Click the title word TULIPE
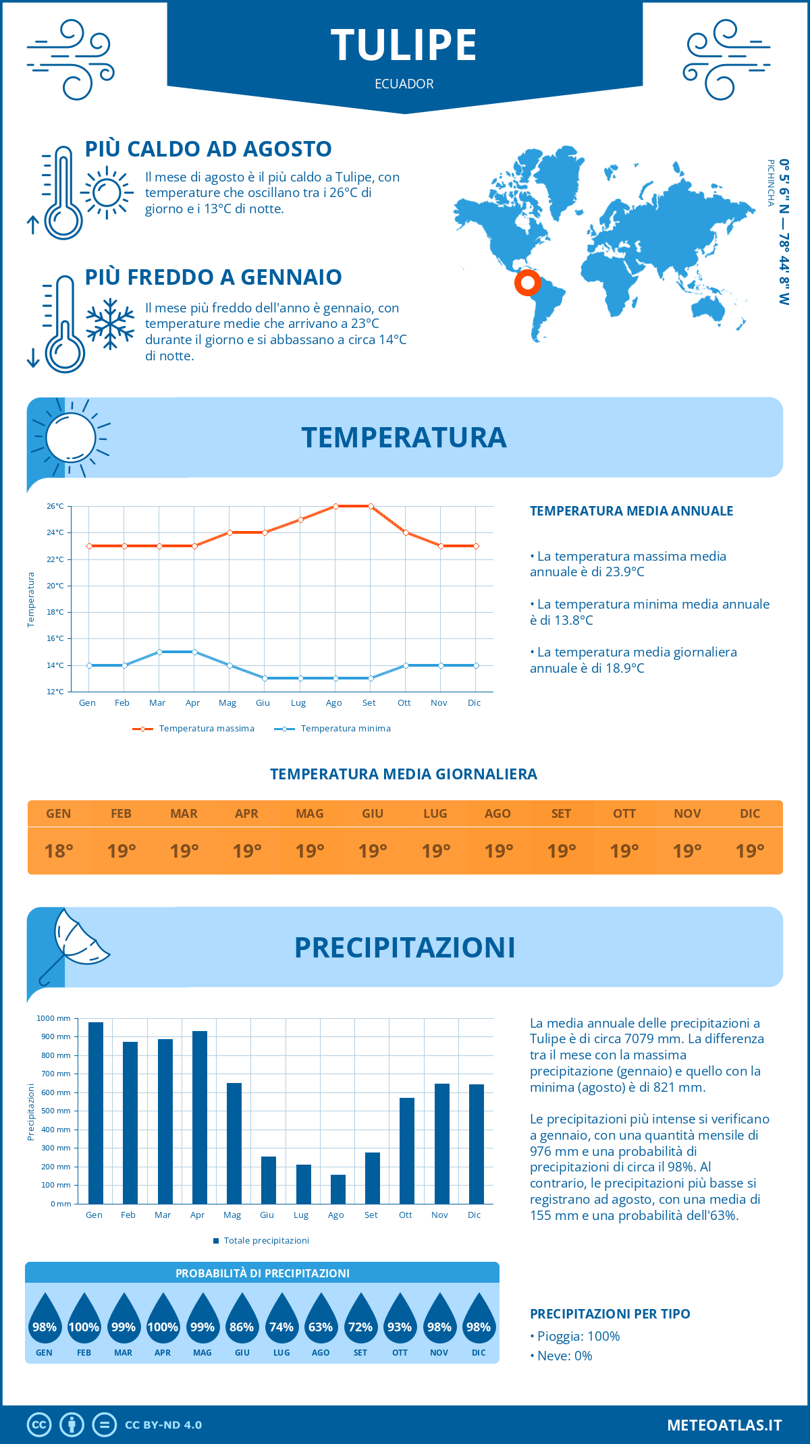click(x=404, y=45)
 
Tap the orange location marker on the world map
click(x=527, y=282)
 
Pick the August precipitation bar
click(x=337, y=1189)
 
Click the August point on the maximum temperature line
click(x=335, y=506)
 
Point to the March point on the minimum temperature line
click(x=159, y=652)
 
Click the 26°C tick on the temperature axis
click(x=55, y=506)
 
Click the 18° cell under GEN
click(x=59, y=851)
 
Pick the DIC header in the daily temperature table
click(x=749, y=814)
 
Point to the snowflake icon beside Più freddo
click(x=110, y=324)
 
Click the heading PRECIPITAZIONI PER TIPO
click(x=610, y=1314)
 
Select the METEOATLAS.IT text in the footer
click(x=724, y=1425)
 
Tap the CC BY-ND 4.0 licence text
click(x=163, y=1425)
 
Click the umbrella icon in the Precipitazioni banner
click(x=73, y=945)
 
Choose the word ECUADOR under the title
click(x=404, y=84)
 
